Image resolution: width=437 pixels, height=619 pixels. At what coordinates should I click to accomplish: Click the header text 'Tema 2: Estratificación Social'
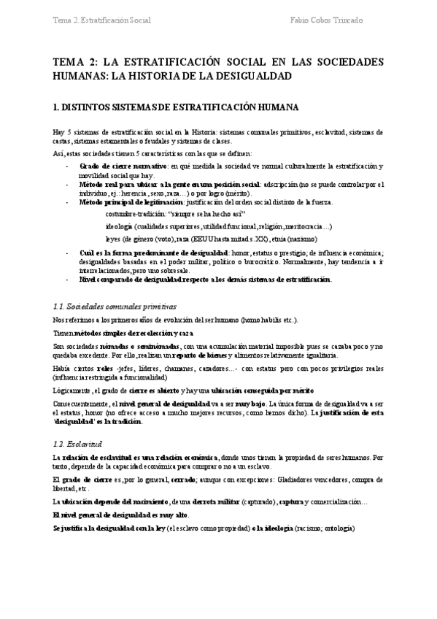[102, 20]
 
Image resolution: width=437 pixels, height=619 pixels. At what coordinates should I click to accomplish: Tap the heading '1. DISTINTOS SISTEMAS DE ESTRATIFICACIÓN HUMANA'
[176, 107]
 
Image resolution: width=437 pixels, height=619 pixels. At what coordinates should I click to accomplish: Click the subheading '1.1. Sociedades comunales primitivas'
[115, 307]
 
